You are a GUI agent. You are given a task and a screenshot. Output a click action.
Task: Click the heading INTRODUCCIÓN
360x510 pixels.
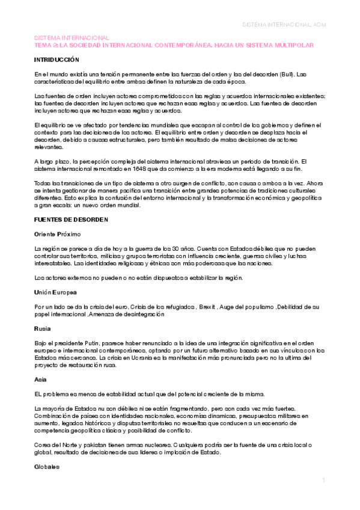56,61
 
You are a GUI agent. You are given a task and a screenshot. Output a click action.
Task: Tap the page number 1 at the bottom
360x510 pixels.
323,481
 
